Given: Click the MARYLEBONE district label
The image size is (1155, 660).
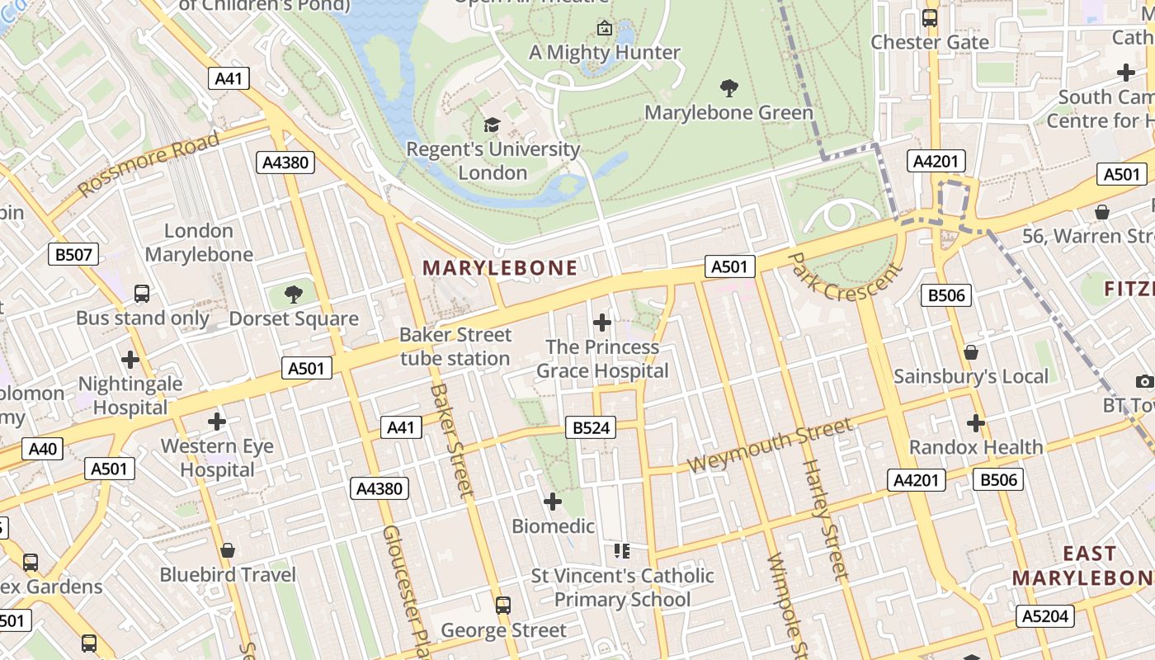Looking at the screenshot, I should point(500,267).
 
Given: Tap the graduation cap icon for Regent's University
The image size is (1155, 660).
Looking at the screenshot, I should point(492,125).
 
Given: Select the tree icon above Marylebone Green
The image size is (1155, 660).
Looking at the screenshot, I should point(728,87).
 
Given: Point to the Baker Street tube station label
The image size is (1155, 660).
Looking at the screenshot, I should point(455,346).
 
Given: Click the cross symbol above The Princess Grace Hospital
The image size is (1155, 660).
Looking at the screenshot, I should point(602,323).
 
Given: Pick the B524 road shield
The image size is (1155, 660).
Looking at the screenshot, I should point(591,427).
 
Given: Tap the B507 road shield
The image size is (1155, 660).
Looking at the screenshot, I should point(73,254).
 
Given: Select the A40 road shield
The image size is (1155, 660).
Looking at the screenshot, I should point(43,449).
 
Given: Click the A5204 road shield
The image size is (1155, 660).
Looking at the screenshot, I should point(1044,615).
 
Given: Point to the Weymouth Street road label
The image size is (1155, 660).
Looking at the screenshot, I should point(768,445).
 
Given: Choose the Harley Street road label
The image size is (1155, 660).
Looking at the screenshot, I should point(824,520).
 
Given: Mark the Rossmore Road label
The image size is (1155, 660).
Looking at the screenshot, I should point(149,163).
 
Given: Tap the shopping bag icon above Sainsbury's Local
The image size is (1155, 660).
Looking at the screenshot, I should point(971,352).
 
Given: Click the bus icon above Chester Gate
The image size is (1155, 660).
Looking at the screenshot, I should point(930,17).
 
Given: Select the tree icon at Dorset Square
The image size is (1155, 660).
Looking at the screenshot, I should point(293,295).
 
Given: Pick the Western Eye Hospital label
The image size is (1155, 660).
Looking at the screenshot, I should point(218,458).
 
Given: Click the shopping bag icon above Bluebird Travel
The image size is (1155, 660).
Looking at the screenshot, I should point(228,550).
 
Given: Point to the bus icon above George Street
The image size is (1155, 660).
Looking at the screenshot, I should point(503,606).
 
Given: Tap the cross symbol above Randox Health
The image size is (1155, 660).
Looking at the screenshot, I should point(976,423).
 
